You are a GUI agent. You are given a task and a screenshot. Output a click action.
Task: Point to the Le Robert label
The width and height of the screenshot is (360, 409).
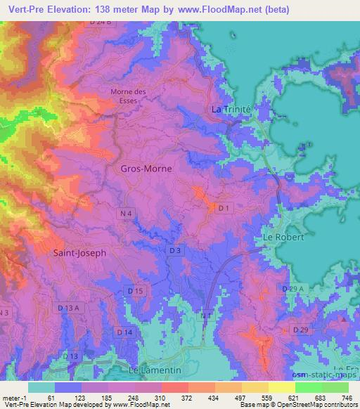pyautogui.click(x=283, y=238)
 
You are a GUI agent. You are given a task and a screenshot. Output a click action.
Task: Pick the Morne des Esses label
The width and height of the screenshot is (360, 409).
pyautogui.click(x=127, y=96)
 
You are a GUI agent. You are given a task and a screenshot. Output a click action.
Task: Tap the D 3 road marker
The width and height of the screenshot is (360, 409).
pyautogui.click(x=176, y=250)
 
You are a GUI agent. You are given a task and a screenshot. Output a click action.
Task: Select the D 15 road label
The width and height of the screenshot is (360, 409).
pyautogui.click(x=136, y=290)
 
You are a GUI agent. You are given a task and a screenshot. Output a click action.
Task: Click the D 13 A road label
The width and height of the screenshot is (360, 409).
pyautogui.click(x=70, y=308)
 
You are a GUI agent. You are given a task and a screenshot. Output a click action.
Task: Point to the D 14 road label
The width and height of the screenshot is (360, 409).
pyautogui.click(x=124, y=331)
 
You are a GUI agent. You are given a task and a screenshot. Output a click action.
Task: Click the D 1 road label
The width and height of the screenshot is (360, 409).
pyautogui.click(x=224, y=209)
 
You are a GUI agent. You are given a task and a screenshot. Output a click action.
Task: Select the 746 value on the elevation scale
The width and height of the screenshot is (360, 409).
pyautogui.click(x=347, y=398)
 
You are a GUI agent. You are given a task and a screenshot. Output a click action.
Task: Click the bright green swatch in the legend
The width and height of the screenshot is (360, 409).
pyautogui.click(x=308, y=387)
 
